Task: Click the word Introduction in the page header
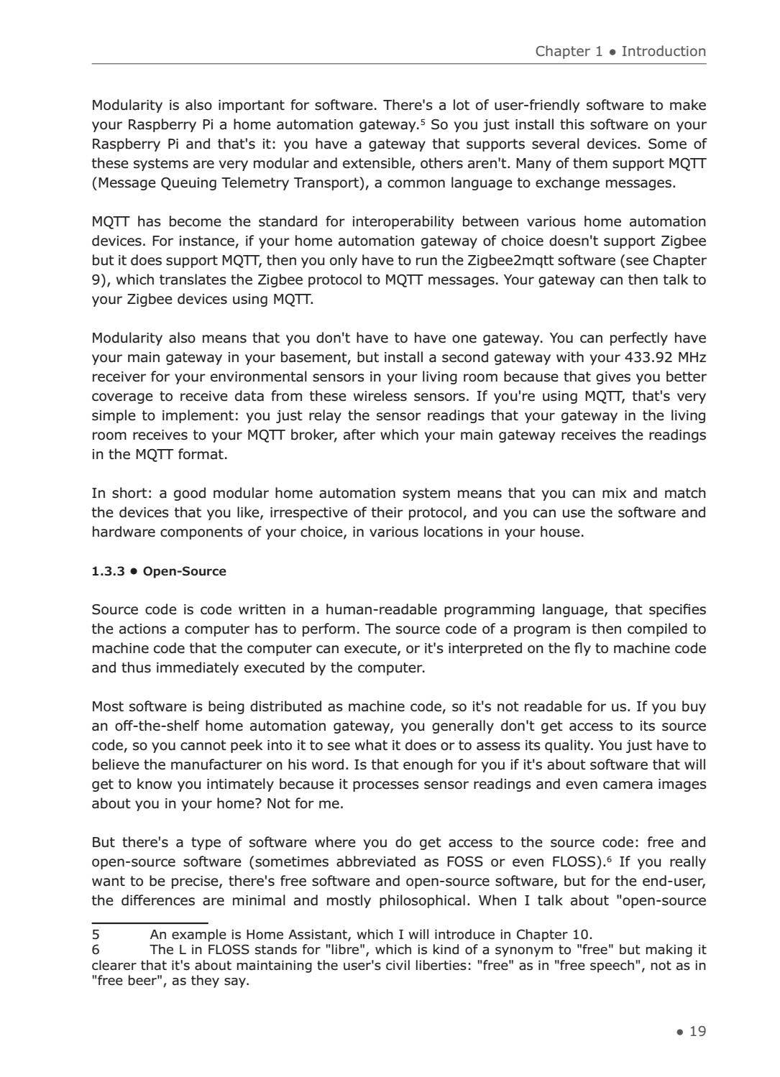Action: (x=664, y=51)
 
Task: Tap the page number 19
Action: (x=697, y=1031)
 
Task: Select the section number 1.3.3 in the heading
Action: (x=109, y=571)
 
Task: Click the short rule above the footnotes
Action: (x=150, y=923)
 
